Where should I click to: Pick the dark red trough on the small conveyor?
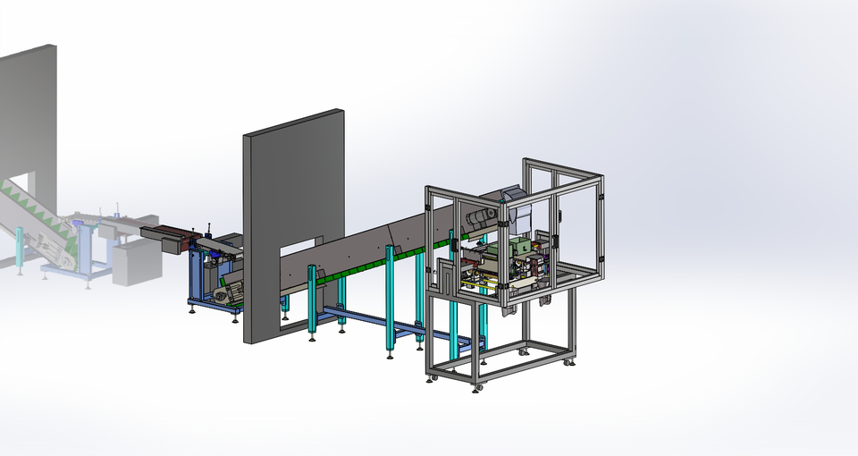click(x=165, y=237)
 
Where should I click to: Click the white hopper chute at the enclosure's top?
click(x=521, y=215)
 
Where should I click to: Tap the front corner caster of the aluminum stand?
click(x=477, y=387)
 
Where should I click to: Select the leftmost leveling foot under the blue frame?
click(x=191, y=310)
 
